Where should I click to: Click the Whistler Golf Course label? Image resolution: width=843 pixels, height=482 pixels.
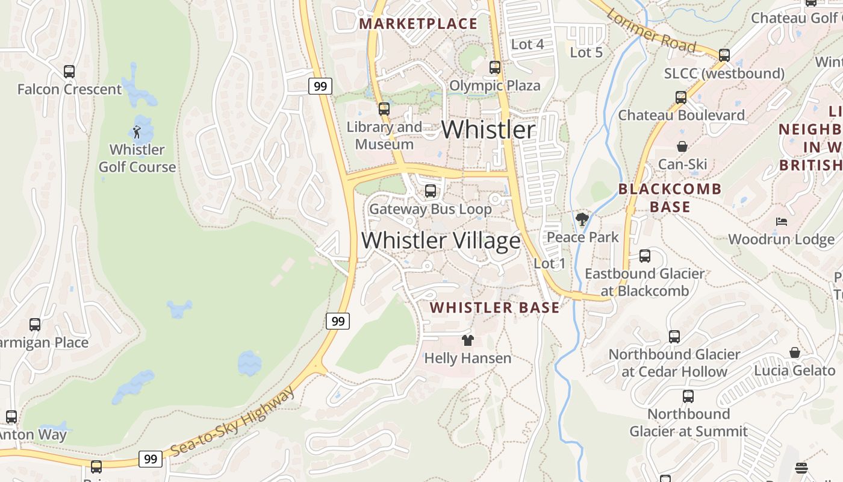click(x=137, y=158)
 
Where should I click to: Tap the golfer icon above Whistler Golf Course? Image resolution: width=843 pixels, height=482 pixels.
click(x=137, y=131)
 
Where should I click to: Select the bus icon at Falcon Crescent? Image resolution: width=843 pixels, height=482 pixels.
click(x=69, y=72)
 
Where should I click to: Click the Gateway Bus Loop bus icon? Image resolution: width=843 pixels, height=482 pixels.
click(x=431, y=191)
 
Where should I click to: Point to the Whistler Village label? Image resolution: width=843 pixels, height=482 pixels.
click(x=441, y=240)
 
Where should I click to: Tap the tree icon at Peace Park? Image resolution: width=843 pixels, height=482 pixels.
click(x=582, y=219)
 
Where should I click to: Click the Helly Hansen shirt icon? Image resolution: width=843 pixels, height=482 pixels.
click(x=468, y=340)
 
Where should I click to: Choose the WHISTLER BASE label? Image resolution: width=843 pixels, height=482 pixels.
click(x=494, y=307)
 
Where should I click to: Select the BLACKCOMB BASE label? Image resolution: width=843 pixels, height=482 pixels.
click(x=670, y=198)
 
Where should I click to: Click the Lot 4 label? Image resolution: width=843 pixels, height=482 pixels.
click(x=527, y=44)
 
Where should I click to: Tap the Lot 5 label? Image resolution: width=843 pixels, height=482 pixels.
click(x=586, y=52)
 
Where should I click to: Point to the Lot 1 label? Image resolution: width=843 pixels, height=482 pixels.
click(x=549, y=263)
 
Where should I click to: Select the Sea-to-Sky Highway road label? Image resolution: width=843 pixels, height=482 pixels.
click(x=233, y=422)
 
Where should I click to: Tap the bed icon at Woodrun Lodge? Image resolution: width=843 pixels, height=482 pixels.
click(x=782, y=222)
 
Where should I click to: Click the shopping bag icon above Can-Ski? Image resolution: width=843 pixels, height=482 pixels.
click(x=682, y=146)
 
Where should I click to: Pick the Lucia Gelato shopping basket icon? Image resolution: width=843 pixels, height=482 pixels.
click(x=795, y=352)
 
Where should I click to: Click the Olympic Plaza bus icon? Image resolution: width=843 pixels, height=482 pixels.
click(x=495, y=67)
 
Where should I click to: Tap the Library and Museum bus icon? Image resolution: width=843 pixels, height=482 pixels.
click(x=384, y=109)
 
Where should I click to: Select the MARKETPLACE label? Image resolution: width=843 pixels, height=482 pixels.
click(x=418, y=24)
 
